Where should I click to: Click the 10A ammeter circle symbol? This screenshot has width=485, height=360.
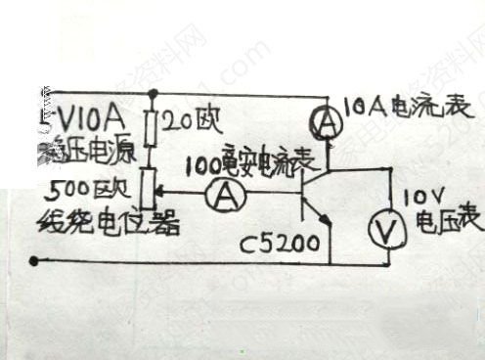click(329, 121)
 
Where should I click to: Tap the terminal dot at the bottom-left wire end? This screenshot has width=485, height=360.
click(36, 260)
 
